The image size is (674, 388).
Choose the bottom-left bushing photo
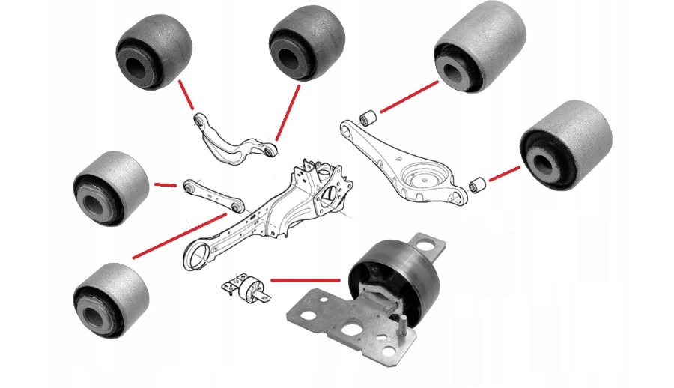(111, 299)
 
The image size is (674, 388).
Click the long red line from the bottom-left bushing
(180, 236)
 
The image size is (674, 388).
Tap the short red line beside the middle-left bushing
(165, 184)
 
